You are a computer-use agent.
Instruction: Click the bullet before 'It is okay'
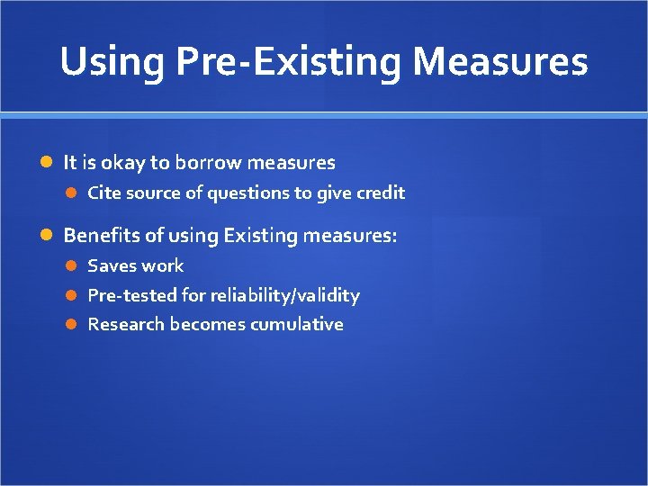pos(47,163)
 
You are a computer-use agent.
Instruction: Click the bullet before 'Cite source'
pos(74,193)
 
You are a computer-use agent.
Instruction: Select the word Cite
pos(103,193)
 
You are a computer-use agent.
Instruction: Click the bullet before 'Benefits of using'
pos(47,236)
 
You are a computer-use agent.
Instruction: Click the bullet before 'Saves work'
pos(74,265)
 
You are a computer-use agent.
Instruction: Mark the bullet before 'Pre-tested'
pos(74,295)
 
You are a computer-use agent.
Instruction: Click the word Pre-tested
pos(130,295)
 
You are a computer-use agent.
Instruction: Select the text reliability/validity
pos(283,295)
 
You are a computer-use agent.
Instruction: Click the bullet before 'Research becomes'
pos(74,325)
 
